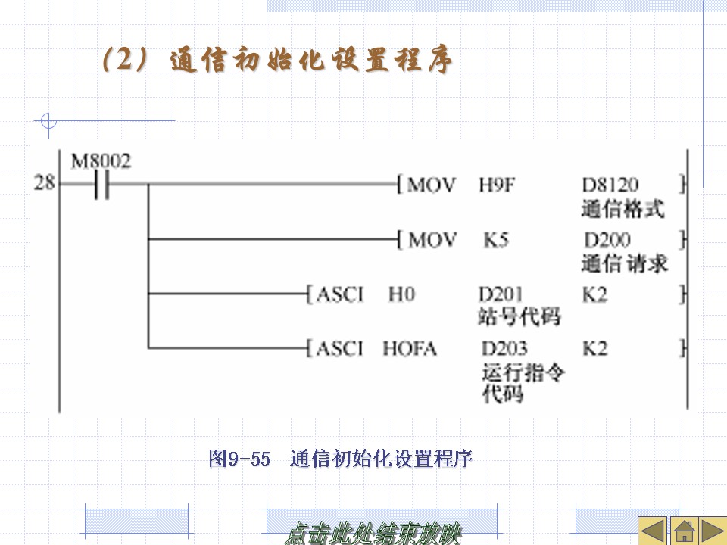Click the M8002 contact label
(101, 161)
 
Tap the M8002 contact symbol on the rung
(101, 184)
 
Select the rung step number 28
(45, 183)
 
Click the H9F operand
(496, 185)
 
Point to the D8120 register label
(610, 185)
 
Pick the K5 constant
(496, 240)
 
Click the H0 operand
(401, 294)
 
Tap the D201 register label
(501, 294)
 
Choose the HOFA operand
(410, 348)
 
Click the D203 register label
(504, 349)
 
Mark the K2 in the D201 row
(595, 294)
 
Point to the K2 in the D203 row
(595, 349)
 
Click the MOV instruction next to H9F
(432, 185)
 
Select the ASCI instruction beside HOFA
(340, 348)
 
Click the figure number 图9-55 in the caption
(239, 459)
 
